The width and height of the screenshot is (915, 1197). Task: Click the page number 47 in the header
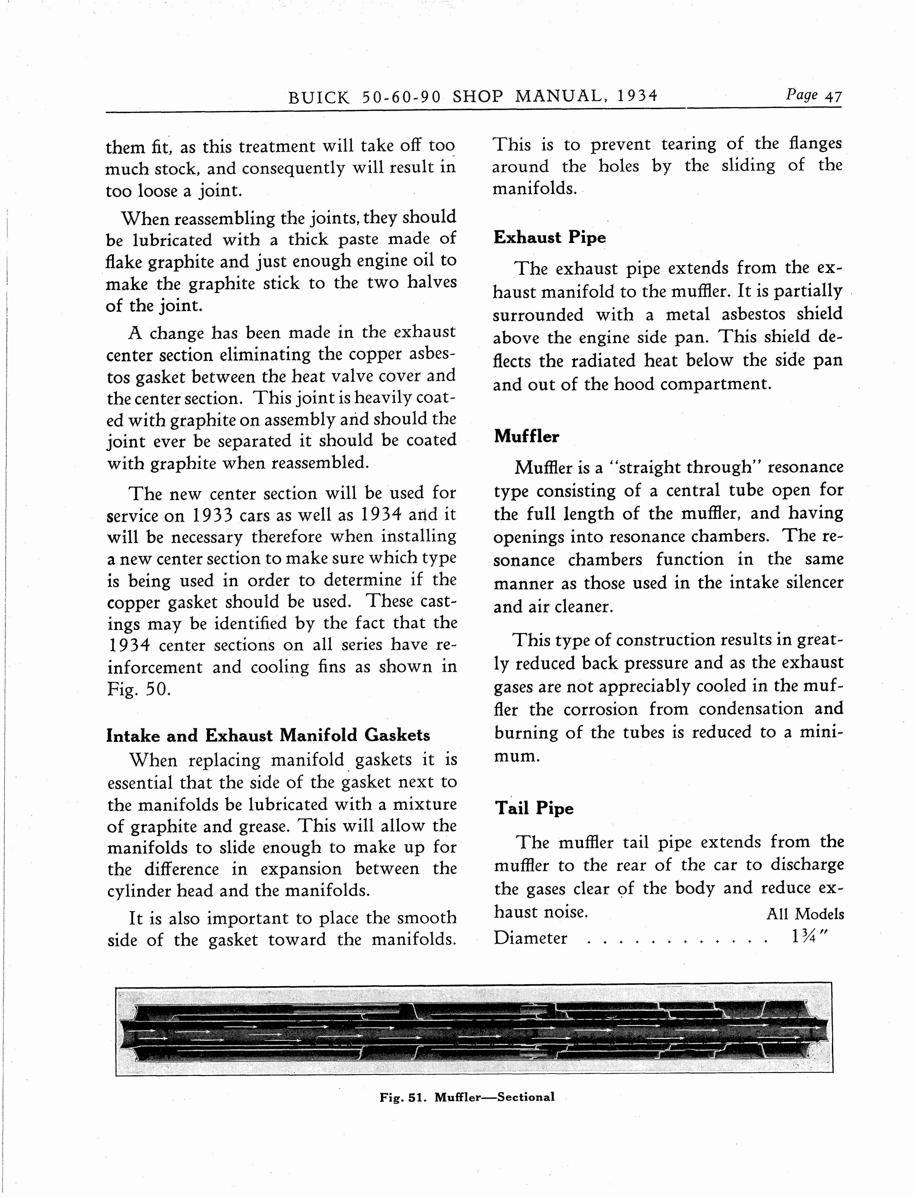833,97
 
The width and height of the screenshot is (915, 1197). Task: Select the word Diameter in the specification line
531,938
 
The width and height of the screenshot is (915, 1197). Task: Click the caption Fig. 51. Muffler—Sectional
467,1097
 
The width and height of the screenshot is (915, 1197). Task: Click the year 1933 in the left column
212,515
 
